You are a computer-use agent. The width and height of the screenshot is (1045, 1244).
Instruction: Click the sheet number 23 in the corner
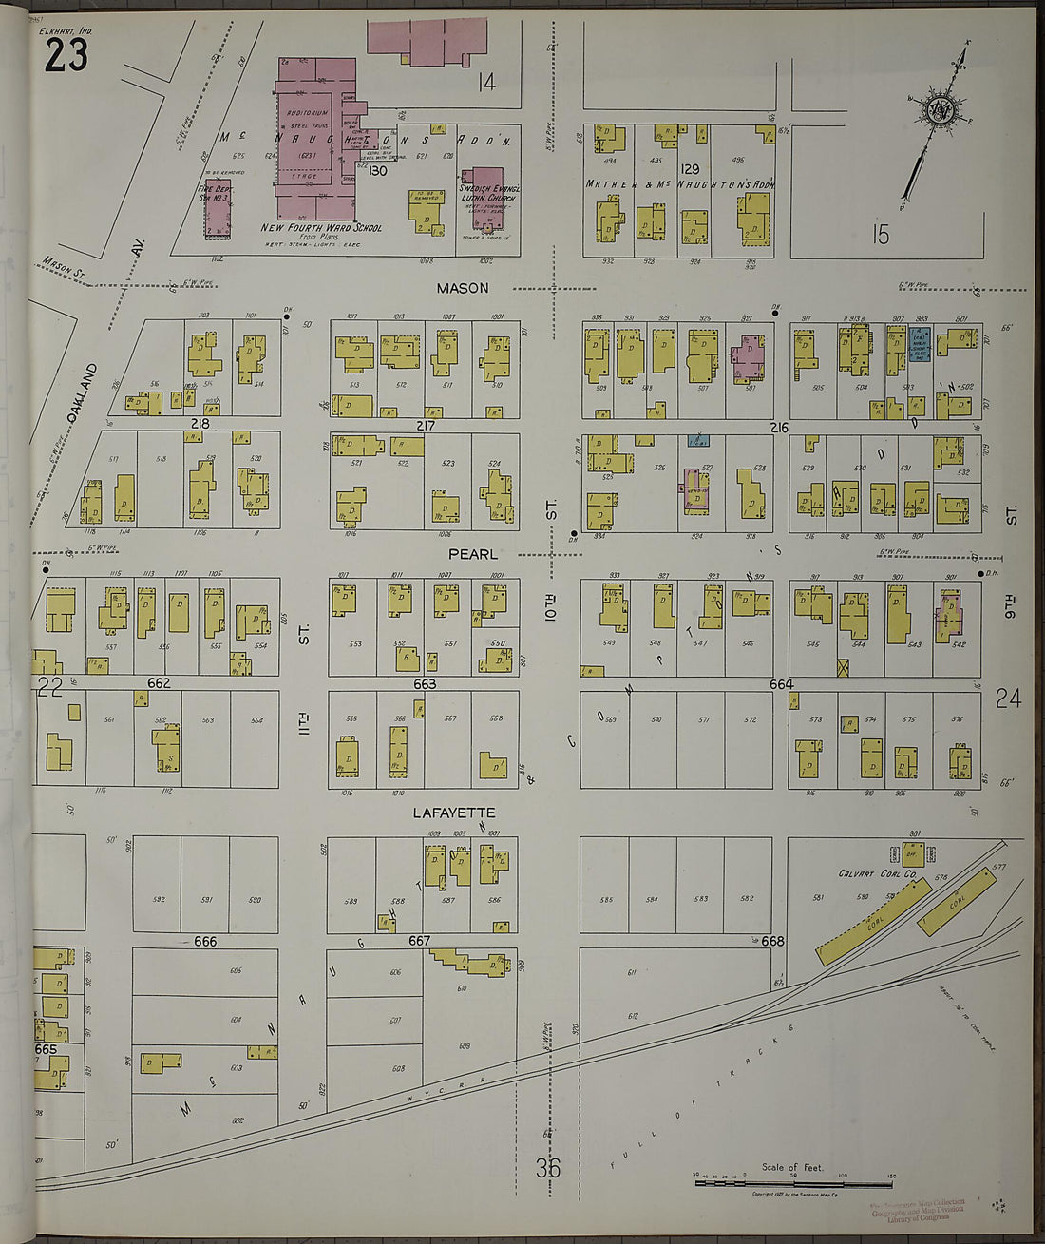coord(66,56)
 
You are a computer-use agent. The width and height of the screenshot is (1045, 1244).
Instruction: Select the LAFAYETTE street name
coord(453,813)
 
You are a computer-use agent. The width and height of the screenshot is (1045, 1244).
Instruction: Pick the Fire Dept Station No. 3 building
coord(218,207)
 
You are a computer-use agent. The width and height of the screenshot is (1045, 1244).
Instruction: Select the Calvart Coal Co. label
coord(877,873)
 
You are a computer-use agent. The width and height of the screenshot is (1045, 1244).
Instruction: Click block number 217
coord(425,425)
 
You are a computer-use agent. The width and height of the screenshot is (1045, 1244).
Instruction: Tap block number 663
coord(425,683)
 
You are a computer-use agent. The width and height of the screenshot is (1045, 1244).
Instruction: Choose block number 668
coord(772,941)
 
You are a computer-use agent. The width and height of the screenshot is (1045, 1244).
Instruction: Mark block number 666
coord(205,941)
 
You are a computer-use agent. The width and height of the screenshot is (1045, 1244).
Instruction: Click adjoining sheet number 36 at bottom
coord(547,1167)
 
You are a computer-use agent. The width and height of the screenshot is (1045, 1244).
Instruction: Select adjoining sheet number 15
coord(881,234)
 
